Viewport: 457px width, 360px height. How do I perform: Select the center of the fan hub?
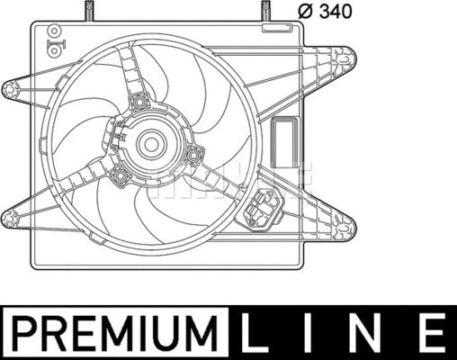150,142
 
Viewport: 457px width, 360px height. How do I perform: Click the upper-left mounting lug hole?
11,88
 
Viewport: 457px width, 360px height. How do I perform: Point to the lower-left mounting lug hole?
11,214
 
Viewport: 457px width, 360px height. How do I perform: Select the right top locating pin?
266,13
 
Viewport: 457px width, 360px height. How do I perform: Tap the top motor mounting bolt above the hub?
139,102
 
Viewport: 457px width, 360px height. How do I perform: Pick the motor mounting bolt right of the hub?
192,158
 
